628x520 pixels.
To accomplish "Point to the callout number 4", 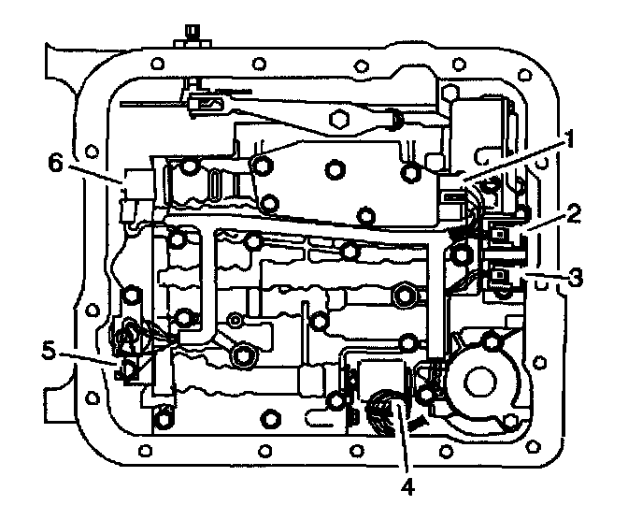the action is pyautogui.click(x=406, y=486).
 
